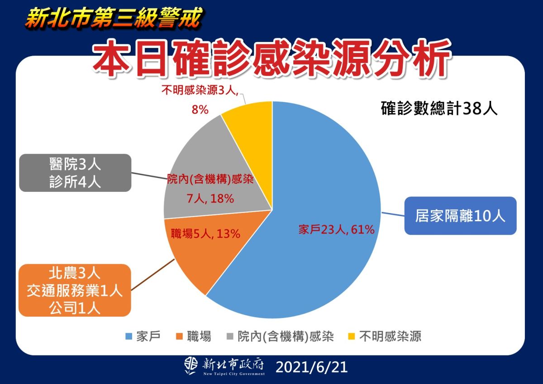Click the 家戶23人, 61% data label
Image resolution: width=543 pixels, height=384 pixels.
[336, 230]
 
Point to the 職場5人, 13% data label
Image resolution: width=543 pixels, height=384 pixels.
[205, 234]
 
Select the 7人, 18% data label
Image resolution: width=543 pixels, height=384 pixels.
[210, 198]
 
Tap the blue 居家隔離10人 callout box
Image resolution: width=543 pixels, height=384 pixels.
[460, 216]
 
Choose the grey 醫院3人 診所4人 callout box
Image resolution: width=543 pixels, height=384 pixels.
[75, 173]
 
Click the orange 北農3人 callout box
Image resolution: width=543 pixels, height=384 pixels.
[75, 290]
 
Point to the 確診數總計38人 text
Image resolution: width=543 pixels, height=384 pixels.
[439, 109]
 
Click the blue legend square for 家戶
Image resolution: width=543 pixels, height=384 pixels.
[128, 337]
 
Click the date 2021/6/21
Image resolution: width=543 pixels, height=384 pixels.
[311, 367]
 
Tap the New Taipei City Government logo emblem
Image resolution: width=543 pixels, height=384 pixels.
[191, 366]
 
